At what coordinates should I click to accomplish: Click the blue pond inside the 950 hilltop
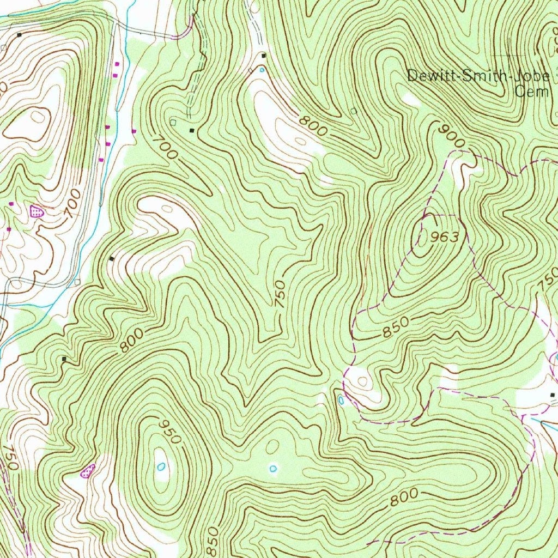(161, 466)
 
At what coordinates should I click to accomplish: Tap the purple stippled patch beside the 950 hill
(88, 470)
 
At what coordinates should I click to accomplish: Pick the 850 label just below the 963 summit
(395, 327)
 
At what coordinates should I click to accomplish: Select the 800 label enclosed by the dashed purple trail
(404, 498)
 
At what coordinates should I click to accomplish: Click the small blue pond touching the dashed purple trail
(341, 400)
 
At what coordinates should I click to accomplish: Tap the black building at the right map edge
(552, 394)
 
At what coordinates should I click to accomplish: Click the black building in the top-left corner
(20, 35)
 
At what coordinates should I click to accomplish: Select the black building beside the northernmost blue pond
(264, 56)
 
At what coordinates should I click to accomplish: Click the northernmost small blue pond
(262, 69)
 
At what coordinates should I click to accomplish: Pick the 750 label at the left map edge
(10, 458)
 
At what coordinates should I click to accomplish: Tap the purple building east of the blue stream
(134, 131)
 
